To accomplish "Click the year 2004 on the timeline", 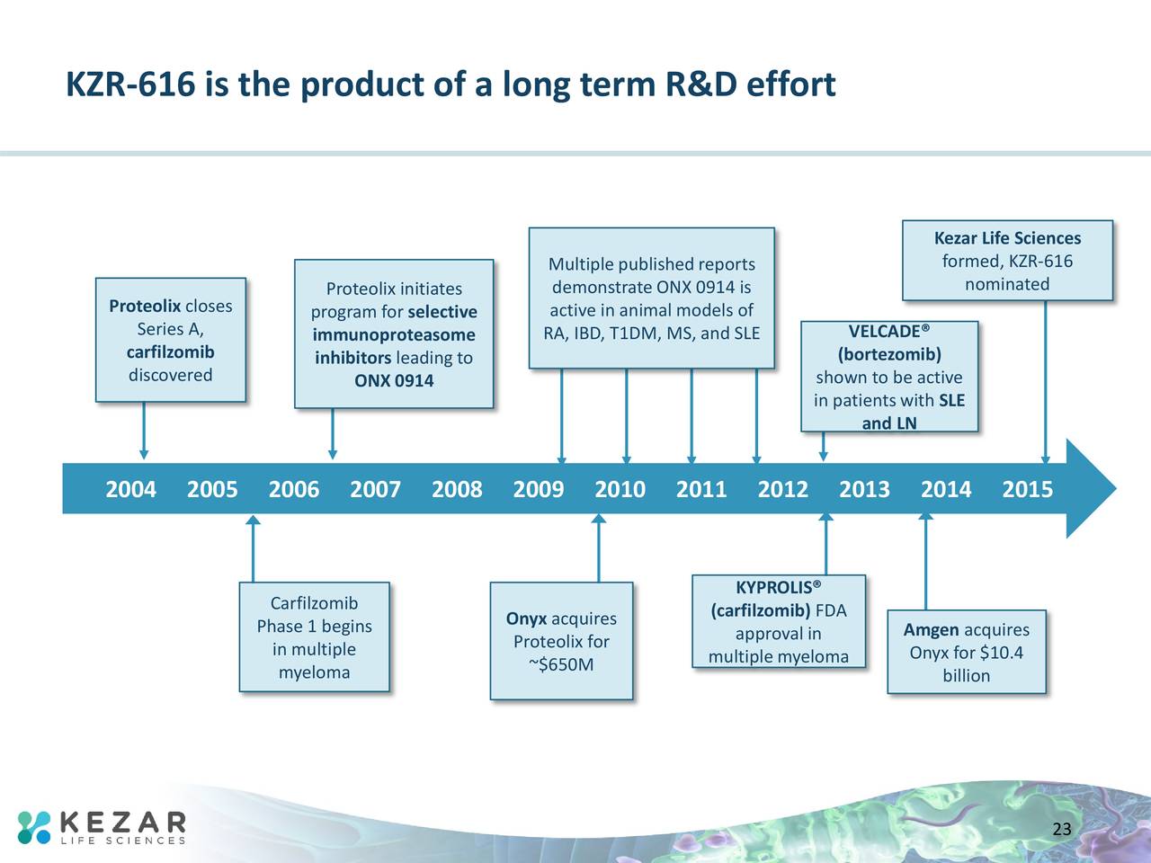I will (130, 490).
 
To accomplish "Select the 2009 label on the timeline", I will (538, 490).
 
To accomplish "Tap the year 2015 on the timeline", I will (1027, 490).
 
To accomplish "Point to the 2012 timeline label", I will (782, 490).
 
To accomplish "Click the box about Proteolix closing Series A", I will (171, 340).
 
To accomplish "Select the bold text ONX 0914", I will (394, 381).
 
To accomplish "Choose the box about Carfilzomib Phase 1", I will (314, 637).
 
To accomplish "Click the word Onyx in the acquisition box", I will (526, 618).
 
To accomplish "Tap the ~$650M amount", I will (561, 665).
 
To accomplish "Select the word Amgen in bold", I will (931, 630).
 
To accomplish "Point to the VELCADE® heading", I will (888, 332).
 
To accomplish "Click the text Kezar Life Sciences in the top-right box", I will (1007, 238).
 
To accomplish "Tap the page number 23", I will (1062, 829).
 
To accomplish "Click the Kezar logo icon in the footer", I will (35, 827).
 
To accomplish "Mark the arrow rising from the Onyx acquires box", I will (599, 547).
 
